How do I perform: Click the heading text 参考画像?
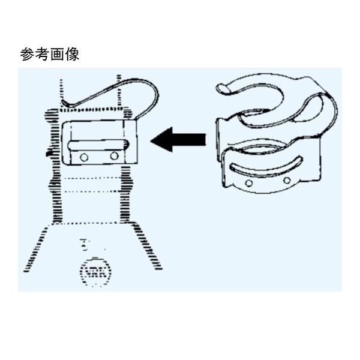[x=49, y=55]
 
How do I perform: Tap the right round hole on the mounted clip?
[x=114, y=156]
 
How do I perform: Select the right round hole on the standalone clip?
[x=287, y=180]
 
